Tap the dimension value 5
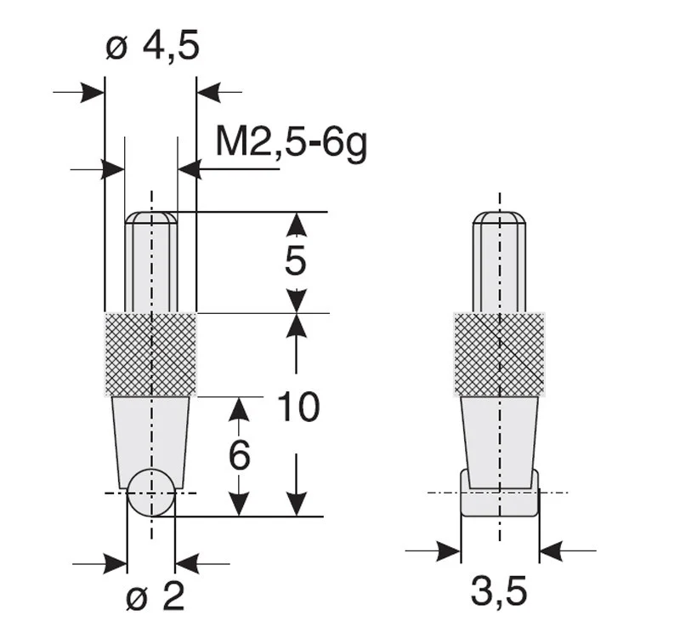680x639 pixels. click(x=295, y=262)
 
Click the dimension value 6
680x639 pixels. click(x=240, y=457)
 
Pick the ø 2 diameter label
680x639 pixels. click(x=155, y=598)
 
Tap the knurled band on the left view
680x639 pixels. click(x=150, y=354)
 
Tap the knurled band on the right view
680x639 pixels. click(x=499, y=354)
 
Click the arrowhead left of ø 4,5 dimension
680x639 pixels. click(x=93, y=92)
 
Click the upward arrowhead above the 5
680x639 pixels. click(x=296, y=224)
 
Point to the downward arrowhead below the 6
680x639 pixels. click(x=240, y=505)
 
